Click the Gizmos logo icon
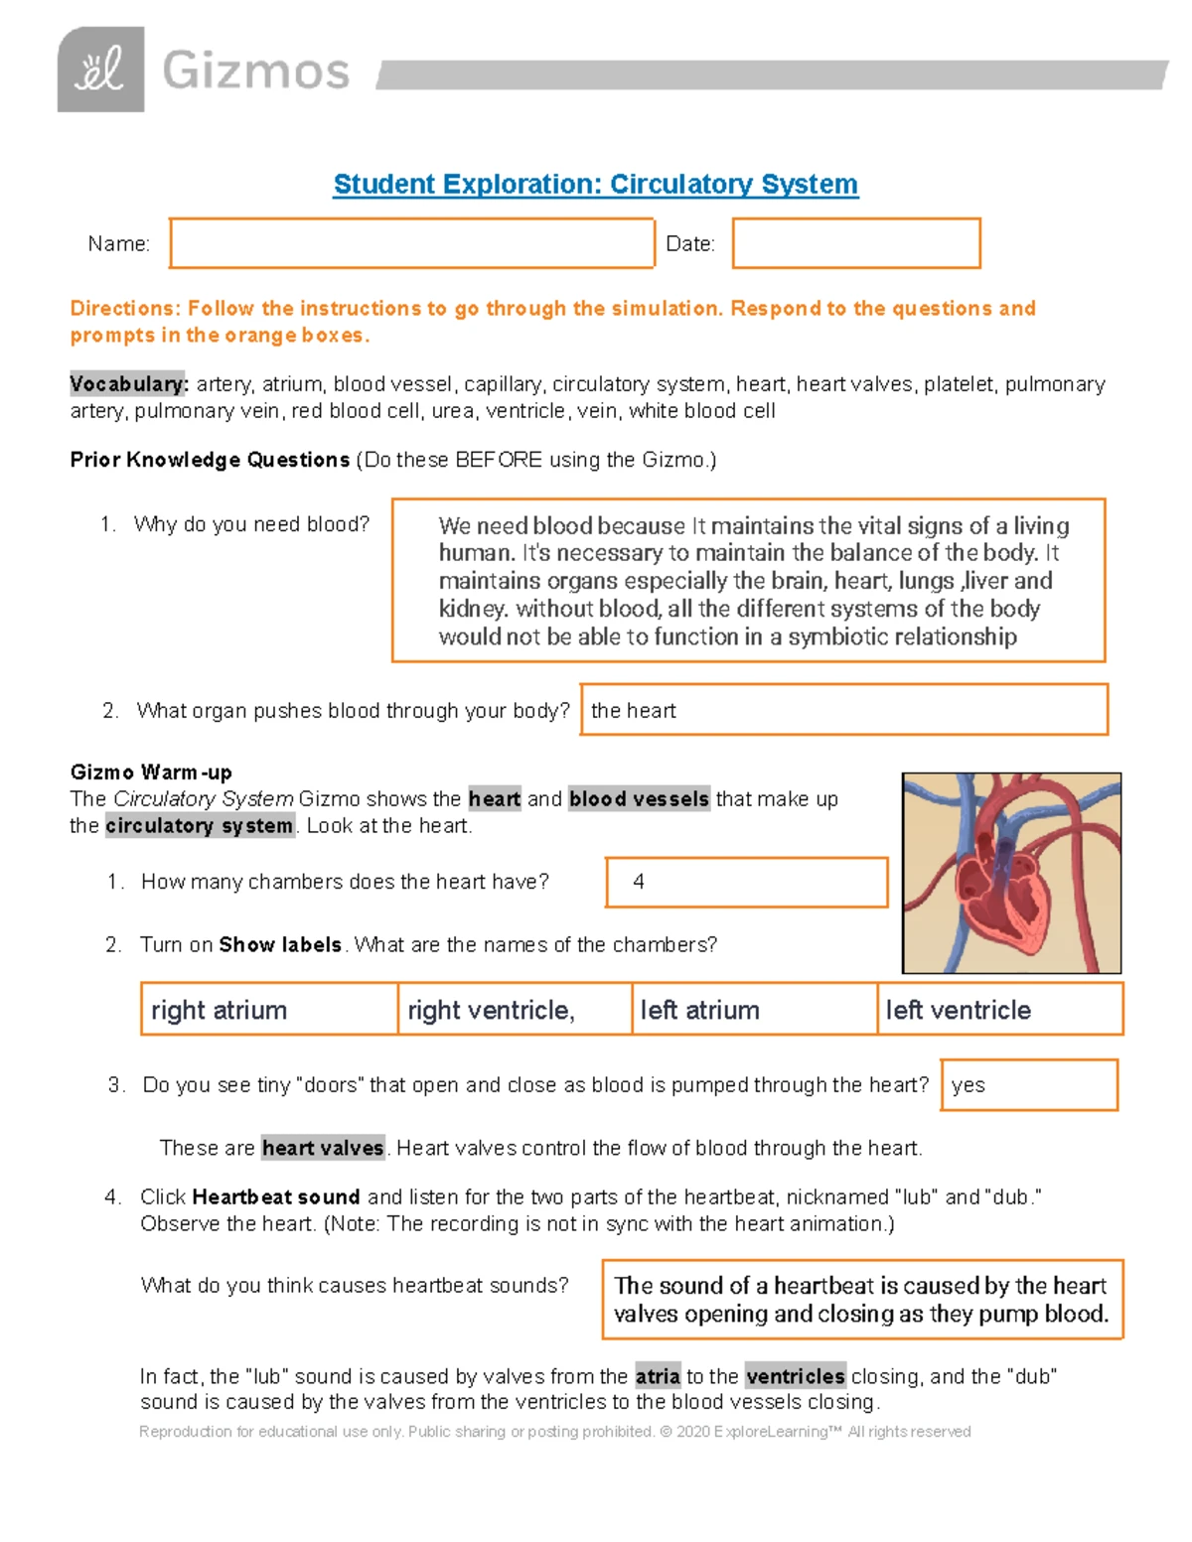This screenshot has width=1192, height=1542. [x=100, y=70]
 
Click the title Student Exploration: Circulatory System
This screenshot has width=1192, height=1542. [x=595, y=185]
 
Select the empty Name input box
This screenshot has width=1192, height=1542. [x=411, y=243]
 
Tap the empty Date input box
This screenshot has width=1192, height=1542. [x=856, y=243]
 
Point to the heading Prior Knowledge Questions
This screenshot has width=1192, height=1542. [x=210, y=460]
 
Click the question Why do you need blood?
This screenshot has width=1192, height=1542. [x=251, y=524]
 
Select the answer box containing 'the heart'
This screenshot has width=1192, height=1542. [x=843, y=710]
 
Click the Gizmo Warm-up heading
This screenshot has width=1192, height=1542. [x=151, y=772]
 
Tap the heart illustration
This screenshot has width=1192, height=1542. [x=1011, y=873]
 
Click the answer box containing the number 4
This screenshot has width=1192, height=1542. [x=746, y=882]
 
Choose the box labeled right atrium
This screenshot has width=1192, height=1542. [x=269, y=1010]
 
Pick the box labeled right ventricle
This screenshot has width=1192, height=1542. [x=515, y=1010]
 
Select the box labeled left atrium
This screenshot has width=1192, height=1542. [x=754, y=1010]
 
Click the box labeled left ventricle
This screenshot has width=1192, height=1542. [x=999, y=1010]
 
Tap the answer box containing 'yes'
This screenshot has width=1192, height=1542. [x=1028, y=1085]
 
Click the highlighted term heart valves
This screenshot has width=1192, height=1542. [x=323, y=1149]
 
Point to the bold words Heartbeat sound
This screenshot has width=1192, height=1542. [x=276, y=1197]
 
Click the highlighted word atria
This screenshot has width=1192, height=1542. [x=658, y=1376]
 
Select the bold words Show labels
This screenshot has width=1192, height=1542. [x=280, y=945]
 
